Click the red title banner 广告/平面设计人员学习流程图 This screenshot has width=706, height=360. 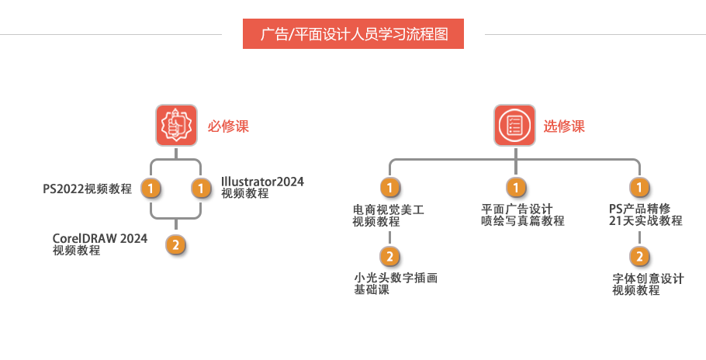353,34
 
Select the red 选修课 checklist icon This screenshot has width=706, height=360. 514,126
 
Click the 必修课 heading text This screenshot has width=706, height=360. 228,126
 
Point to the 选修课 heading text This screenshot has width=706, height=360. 564,126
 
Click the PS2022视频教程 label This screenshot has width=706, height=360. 87,188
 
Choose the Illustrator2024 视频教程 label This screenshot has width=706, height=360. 262,187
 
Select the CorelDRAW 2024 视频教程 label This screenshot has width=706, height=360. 99,244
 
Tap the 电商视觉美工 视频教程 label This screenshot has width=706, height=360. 389,215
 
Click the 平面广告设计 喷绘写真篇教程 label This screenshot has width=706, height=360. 522,215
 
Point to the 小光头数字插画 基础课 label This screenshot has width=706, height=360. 396,283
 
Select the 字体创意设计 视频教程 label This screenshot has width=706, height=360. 648,284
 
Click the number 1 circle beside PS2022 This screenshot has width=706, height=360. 151,188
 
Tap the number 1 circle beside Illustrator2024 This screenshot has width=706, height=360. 201,188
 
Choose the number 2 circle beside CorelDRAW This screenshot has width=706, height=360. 176,245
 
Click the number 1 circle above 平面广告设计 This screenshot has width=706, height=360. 515,188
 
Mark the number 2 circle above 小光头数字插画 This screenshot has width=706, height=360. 389,256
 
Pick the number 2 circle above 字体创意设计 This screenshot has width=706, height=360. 639,257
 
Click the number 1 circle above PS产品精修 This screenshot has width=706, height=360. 639,188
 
